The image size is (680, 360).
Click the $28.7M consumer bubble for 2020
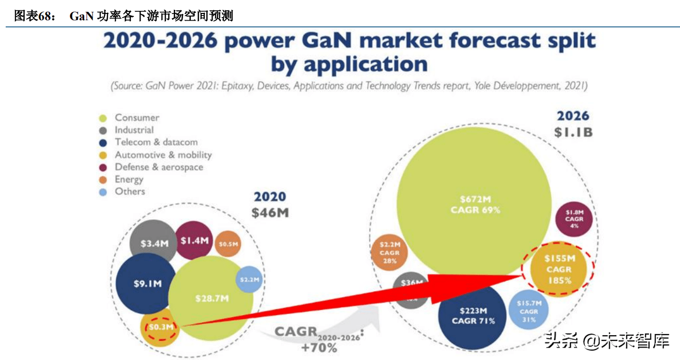click(212, 298)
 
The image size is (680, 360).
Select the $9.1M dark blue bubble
click(147, 283)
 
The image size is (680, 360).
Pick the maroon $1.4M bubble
click(194, 240)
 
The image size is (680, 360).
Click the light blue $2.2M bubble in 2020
click(249, 279)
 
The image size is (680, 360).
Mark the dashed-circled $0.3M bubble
click(161, 327)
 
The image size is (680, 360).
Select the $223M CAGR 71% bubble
click(473, 316)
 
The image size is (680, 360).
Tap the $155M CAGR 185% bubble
click(558, 269)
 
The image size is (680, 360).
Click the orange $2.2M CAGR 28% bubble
click(389, 252)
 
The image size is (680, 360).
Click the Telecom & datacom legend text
click(156, 142)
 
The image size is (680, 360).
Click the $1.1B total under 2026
click(573, 132)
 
